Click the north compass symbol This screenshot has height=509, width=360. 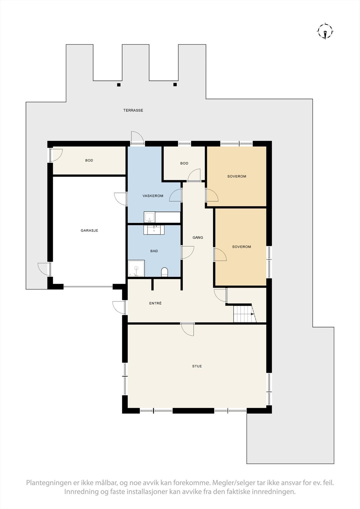(x=325, y=31)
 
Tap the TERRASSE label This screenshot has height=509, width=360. (x=133, y=110)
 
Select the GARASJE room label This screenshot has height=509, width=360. (x=89, y=230)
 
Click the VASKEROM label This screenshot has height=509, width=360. (x=153, y=196)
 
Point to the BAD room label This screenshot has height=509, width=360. (x=154, y=251)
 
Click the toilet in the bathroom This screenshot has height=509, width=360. (x=165, y=272)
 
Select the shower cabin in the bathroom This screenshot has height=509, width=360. (x=136, y=268)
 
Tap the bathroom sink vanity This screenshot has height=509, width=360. (x=154, y=229)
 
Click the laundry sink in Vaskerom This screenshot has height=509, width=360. (x=150, y=217)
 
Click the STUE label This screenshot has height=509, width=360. (x=197, y=366)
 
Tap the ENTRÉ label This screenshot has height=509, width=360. (x=155, y=303)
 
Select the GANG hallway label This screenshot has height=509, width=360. (x=198, y=237)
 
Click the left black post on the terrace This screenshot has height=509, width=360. (x=119, y=85)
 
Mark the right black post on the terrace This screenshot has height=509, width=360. (x=175, y=85)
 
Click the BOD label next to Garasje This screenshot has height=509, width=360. (x=89, y=160)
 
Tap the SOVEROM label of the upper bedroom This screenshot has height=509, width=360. (x=236, y=176)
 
